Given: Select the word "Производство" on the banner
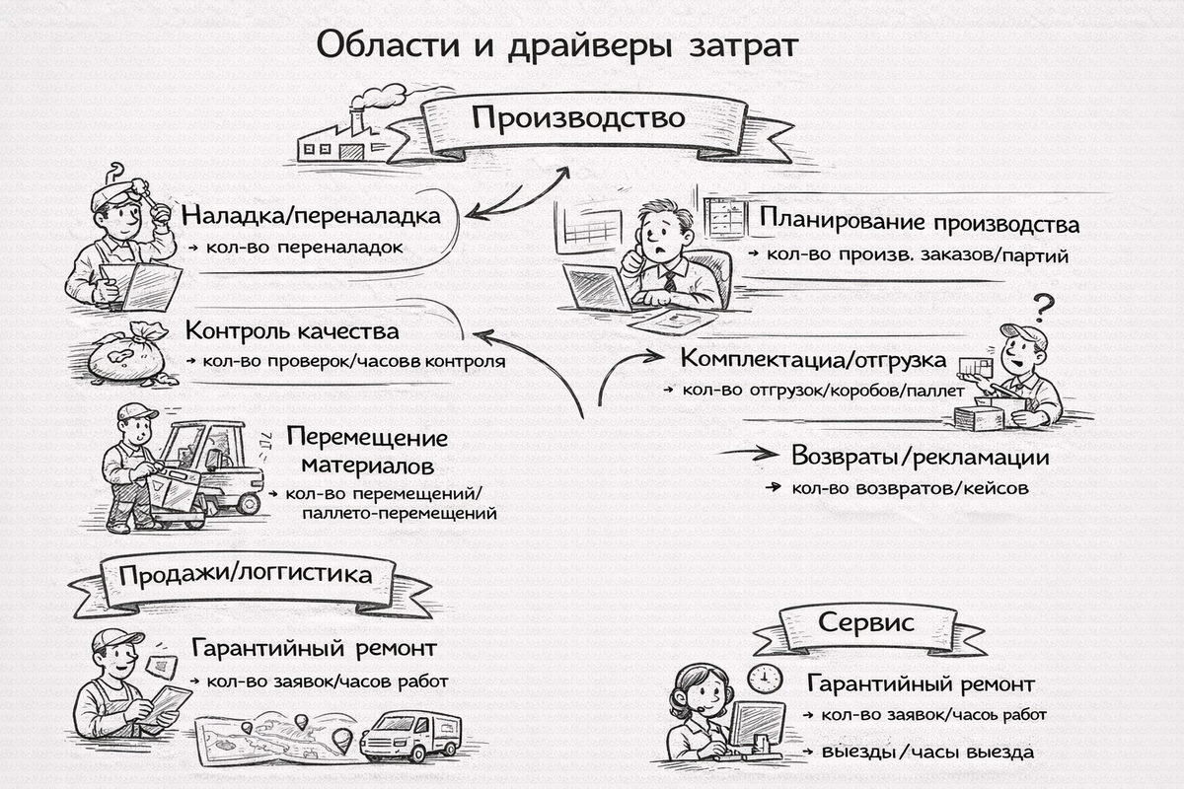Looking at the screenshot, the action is click(x=577, y=118).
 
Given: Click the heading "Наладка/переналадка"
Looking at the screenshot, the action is click(x=310, y=215).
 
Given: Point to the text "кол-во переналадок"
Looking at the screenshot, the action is click(x=305, y=247).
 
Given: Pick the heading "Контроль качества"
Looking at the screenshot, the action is click(x=292, y=330).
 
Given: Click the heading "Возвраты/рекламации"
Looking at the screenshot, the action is click(x=920, y=458).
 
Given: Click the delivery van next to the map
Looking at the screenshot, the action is click(x=409, y=736).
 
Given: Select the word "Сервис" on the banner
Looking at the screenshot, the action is click(x=865, y=623).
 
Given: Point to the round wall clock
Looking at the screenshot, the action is click(x=764, y=679).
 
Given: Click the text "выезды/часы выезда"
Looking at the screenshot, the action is click(x=926, y=753).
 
